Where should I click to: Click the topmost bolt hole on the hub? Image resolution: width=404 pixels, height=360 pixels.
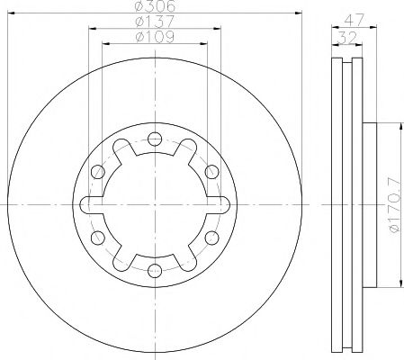[154, 139]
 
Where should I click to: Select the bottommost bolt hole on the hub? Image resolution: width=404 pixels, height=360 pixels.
[154, 270]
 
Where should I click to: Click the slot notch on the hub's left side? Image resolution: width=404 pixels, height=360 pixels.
[89, 204]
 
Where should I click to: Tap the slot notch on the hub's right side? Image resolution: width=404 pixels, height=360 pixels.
[219, 204]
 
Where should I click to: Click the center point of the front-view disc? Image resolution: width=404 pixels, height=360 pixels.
[154, 204]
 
